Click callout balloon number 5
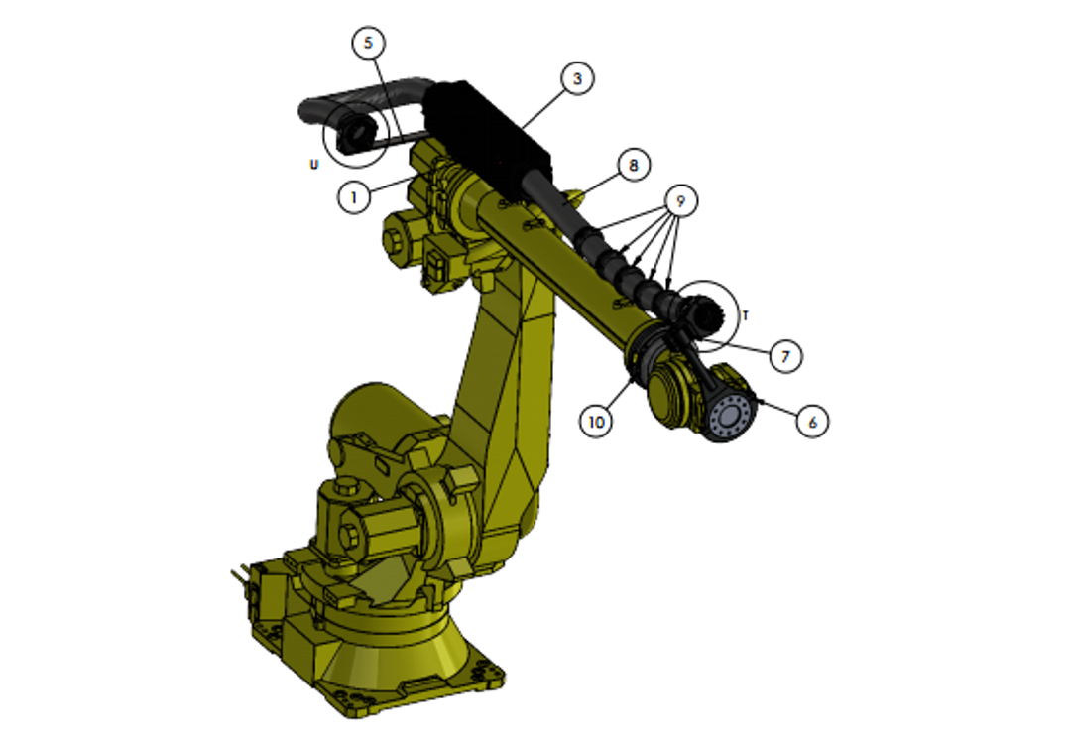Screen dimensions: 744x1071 point(369,43)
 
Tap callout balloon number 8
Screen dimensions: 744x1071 point(634,164)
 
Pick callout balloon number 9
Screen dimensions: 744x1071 point(680,200)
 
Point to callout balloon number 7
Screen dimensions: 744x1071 point(785,355)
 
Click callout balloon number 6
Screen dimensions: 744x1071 point(811,421)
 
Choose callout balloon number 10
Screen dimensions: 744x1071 point(596,421)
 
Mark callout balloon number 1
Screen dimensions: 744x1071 point(354,197)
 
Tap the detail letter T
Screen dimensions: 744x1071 point(746,315)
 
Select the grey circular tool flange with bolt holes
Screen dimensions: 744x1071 point(731,417)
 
